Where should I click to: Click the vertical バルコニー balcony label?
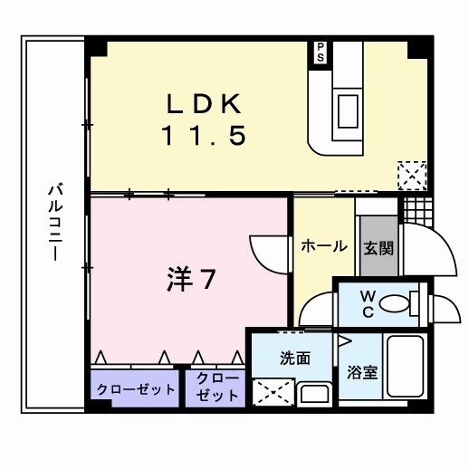(54, 222)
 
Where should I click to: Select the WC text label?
(368, 301)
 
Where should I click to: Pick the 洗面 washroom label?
(295, 359)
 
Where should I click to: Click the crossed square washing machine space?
(271, 391)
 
